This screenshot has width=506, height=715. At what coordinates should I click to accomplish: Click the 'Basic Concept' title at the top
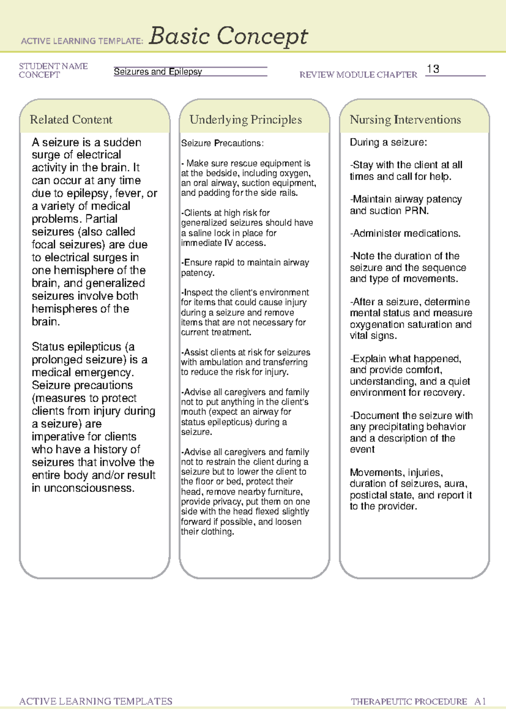tap(228, 36)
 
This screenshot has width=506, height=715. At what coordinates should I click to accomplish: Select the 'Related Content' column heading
tap(71, 120)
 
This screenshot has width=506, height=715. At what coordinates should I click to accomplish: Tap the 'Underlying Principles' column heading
tap(245, 120)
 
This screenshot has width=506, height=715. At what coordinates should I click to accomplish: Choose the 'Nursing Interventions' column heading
tap(405, 120)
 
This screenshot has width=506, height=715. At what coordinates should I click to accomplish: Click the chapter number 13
tap(433, 69)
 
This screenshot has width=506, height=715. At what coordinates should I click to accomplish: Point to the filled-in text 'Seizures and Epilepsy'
tap(158, 72)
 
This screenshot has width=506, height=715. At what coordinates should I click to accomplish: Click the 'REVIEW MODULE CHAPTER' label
tap(358, 75)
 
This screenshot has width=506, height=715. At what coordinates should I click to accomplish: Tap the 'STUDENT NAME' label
tap(53, 66)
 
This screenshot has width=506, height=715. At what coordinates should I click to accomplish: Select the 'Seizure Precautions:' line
tap(222, 143)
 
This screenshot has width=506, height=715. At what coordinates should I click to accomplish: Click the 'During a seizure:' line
tap(388, 142)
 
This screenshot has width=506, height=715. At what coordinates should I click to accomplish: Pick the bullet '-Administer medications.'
tap(405, 234)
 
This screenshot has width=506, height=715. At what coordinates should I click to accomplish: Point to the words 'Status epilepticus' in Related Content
tap(76, 347)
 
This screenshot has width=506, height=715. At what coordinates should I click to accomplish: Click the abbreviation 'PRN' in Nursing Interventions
tap(416, 211)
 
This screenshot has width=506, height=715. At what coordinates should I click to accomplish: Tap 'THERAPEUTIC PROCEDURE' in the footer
tap(409, 702)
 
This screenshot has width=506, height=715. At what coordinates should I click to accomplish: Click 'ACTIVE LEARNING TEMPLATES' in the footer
tap(96, 702)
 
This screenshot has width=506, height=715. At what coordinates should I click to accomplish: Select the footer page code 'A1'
tap(480, 702)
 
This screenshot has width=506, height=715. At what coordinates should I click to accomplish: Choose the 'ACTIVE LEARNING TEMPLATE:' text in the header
tap(82, 41)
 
